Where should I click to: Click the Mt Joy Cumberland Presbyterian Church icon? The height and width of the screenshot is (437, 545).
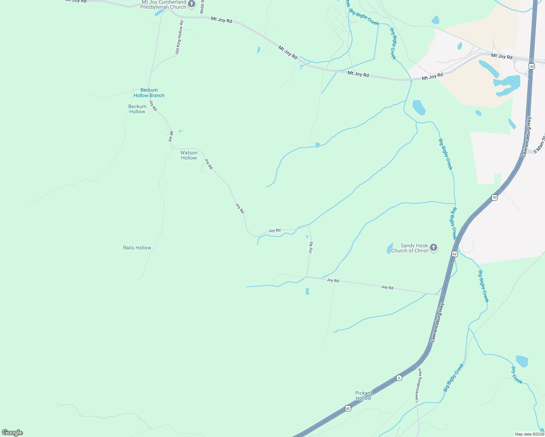point(192,4)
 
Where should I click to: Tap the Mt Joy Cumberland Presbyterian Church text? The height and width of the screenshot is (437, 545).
point(164,5)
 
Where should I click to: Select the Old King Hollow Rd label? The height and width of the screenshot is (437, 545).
point(179,38)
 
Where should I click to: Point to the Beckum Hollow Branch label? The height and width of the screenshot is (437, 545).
point(149,93)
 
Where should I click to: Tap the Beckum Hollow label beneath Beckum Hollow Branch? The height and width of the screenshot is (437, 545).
point(137,109)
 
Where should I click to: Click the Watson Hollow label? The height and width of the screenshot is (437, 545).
point(189,155)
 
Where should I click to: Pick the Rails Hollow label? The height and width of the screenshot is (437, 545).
point(137,248)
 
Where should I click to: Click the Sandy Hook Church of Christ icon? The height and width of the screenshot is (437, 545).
point(433,248)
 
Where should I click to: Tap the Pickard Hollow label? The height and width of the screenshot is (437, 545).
point(364,395)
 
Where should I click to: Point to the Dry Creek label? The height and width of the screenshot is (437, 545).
point(517,375)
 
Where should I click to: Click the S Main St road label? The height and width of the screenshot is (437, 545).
point(540,145)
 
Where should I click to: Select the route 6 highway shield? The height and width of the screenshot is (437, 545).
point(399,378)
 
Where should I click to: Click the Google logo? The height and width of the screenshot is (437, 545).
point(12,433)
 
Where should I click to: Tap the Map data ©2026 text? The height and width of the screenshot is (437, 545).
point(529,434)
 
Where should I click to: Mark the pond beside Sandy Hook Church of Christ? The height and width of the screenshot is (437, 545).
point(389,248)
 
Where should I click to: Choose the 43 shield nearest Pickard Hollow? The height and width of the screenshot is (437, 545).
point(348,409)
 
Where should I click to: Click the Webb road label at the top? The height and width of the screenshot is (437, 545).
point(202,7)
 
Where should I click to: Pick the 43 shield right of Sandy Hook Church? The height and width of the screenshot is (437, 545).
point(455,254)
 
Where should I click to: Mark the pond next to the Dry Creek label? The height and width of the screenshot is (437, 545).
point(522,361)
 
